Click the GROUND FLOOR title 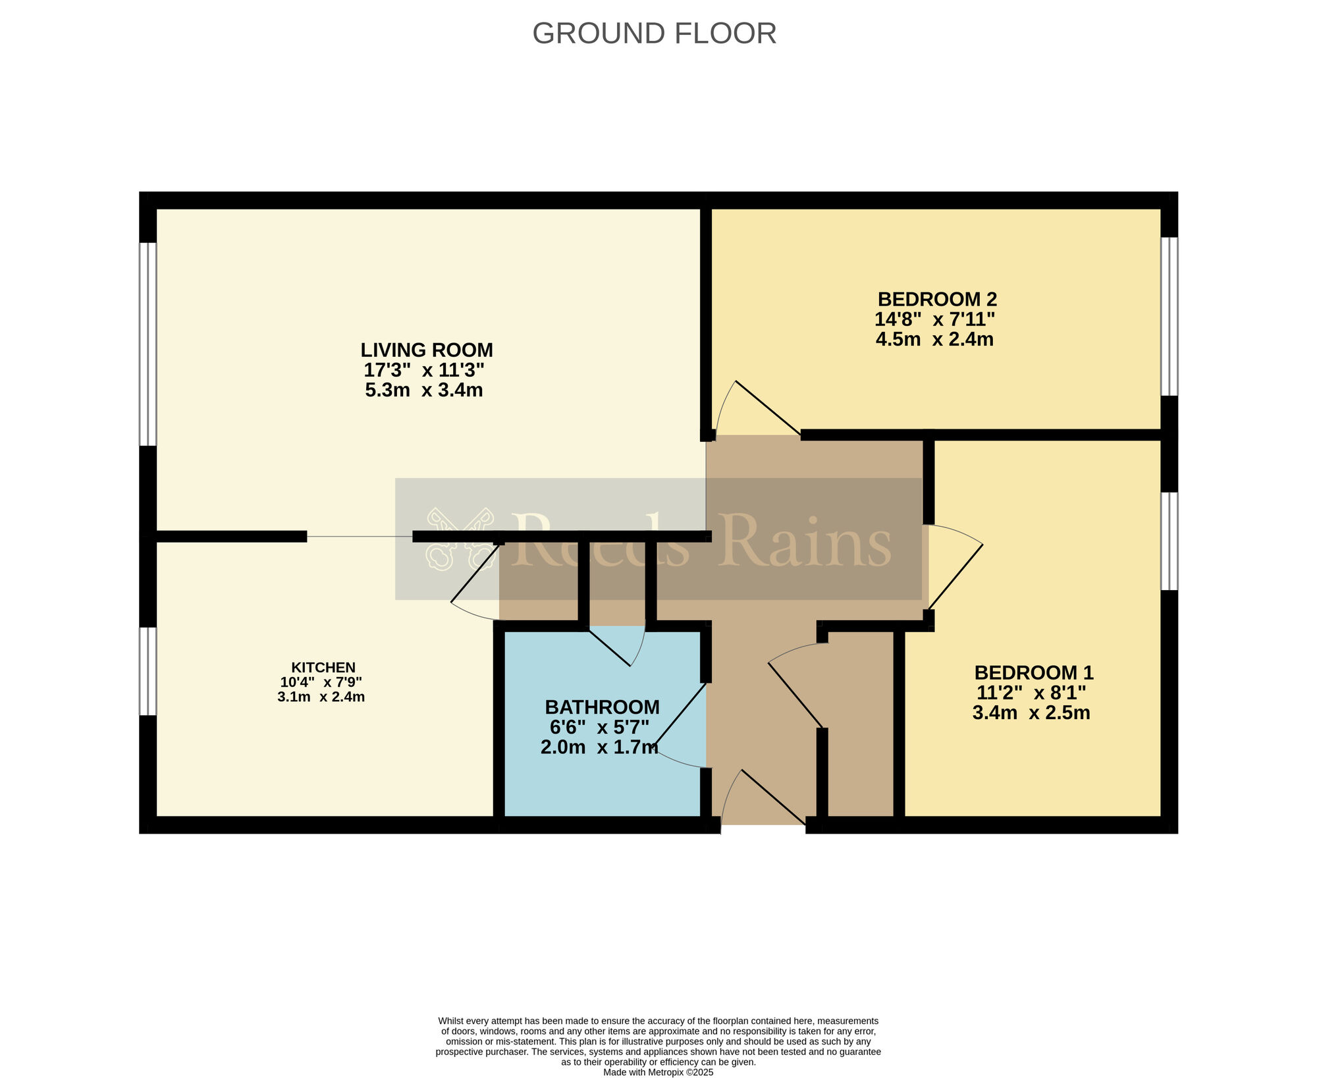click(x=654, y=34)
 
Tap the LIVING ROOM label click(x=427, y=350)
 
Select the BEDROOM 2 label click(x=937, y=300)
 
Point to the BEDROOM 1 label click(x=1034, y=673)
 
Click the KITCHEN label click(x=323, y=668)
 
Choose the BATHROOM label click(x=603, y=707)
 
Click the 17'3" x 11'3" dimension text click(x=424, y=370)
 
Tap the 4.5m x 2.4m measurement click(x=934, y=340)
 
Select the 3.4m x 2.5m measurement click(x=1031, y=713)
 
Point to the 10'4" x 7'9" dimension click(x=321, y=682)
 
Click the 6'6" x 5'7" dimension click(x=600, y=728)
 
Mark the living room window click(x=148, y=344)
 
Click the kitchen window click(x=148, y=671)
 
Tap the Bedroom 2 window click(x=1169, y=316)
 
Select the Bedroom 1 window click(x=1169, y=541)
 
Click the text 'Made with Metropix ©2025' click(x=658, y=1073)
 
